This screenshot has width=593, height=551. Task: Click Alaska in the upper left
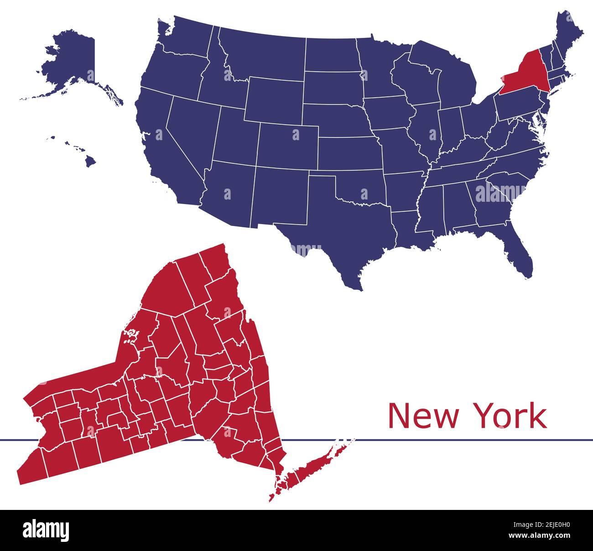(73, 59)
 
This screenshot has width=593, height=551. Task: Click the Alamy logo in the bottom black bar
(46, 530)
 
